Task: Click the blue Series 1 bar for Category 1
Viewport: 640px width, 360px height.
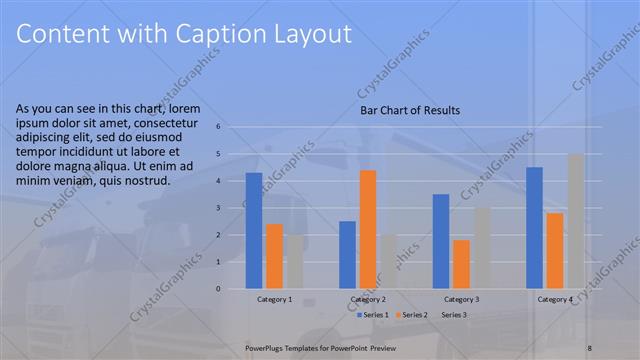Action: click(x=254, y=231)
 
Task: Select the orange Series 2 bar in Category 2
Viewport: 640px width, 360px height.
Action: click(x=367, y=229)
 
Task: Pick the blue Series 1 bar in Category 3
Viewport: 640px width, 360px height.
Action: click(x=441, y=241)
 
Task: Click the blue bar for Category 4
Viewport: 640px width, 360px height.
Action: click(x=534, y=228)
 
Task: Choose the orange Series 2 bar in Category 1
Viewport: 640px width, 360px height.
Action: click(x=274, y=256)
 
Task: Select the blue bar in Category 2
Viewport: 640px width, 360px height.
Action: click(x=347, y=255)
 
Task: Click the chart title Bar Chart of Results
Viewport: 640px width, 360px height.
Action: click(x=410, y=110)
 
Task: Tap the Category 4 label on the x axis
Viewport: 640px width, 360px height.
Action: click(x=555, y=299)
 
